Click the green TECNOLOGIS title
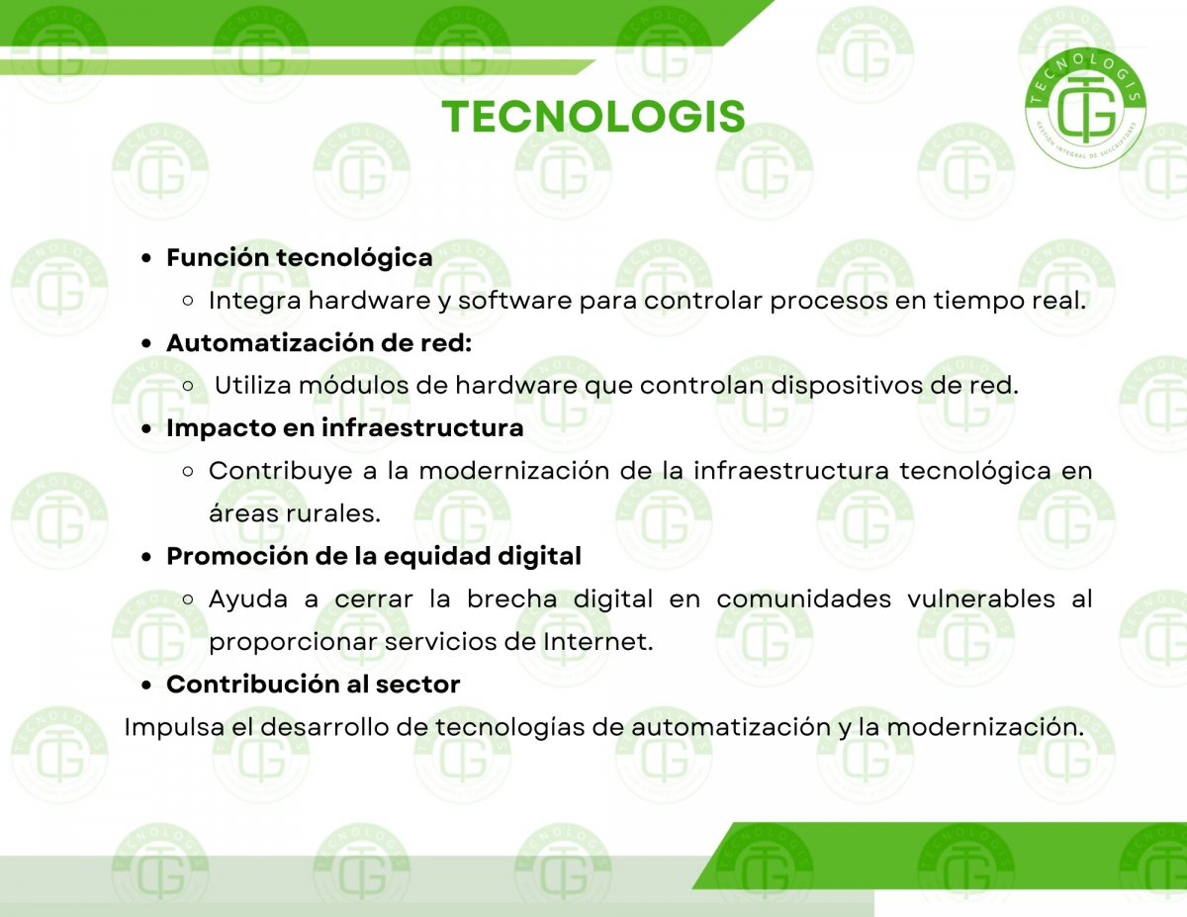(593, 117)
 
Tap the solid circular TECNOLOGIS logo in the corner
(1085, 108)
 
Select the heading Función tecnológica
(300, 258)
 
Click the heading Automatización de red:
(320, 343)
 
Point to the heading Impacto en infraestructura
(344, 427)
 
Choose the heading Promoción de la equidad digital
(374, 556)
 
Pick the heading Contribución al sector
(313, 685)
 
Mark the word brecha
(511, 598)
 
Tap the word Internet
(598, 642)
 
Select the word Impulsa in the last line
(174, 727)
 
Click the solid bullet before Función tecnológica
(145, 258)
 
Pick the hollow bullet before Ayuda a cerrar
(188, 599)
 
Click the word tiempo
(977, 301)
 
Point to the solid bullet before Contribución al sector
(145, 685)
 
